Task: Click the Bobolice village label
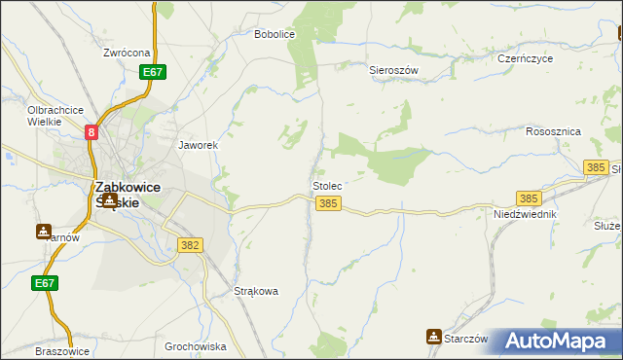274,34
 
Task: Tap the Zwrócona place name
127,53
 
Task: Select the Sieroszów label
393,71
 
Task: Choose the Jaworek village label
197,145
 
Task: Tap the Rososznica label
553,131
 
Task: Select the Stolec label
326,184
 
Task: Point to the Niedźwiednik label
525,213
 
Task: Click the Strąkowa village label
257,291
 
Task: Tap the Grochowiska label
196,346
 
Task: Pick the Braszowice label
62,351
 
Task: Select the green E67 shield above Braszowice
44,283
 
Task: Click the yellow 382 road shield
190,246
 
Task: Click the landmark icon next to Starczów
433,337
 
